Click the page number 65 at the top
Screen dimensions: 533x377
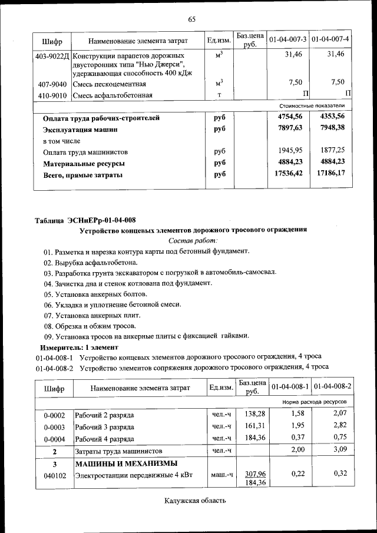click(191, 19)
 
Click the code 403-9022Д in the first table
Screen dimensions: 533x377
click(53, 54)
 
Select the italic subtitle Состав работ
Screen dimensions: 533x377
click(193, 240)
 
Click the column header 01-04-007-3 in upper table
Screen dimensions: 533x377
click(288, 40)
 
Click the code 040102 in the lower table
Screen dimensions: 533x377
click(54, 474)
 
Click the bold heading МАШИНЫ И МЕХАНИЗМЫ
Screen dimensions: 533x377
click(126, 463)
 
